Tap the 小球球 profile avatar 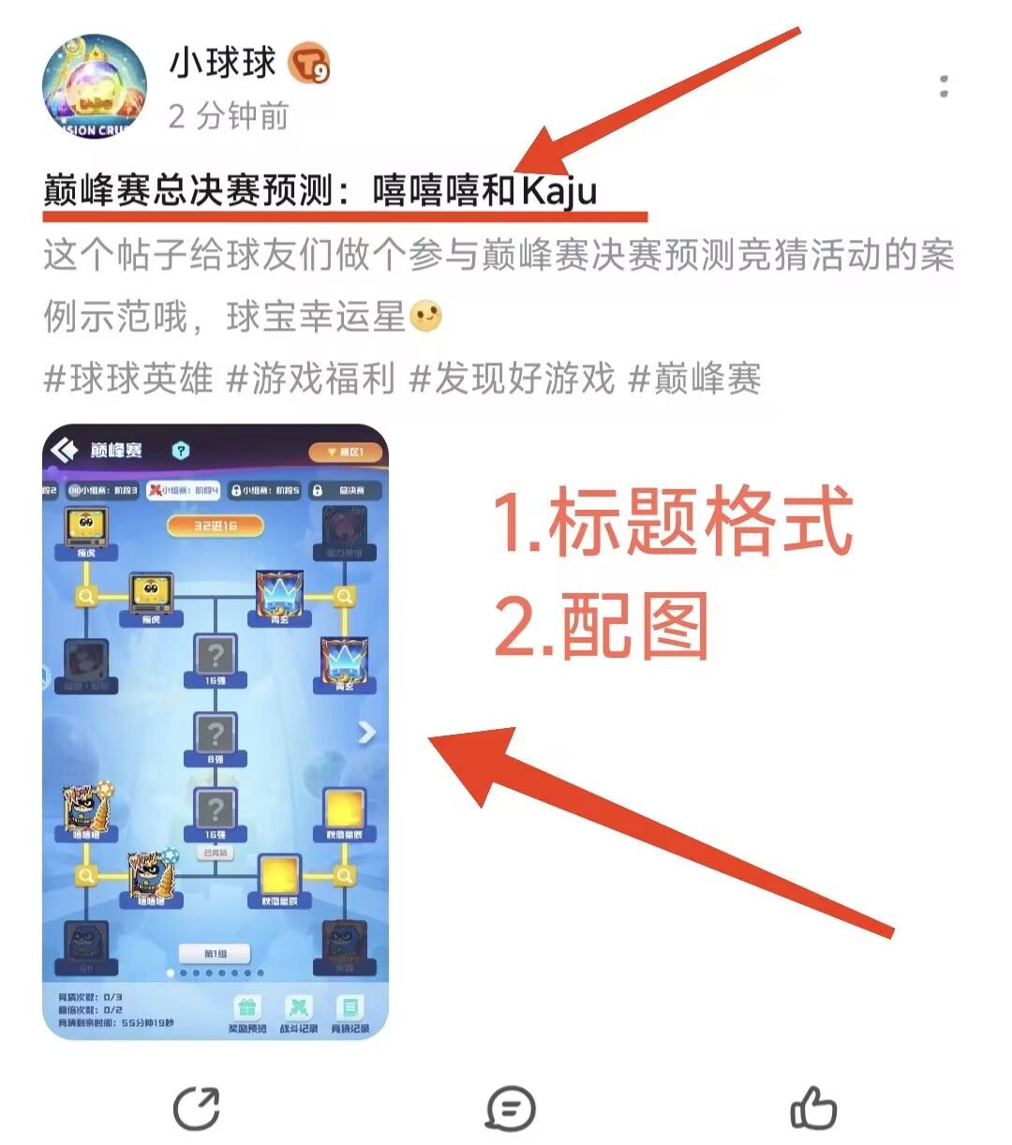(95, 87)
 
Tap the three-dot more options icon (944, 87)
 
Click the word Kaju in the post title (559, 190)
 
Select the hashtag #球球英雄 (128, 379)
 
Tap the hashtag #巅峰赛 (694, 379)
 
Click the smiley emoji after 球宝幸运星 (426, 317)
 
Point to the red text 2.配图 (602, 626)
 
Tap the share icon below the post (197, 1108)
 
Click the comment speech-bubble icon (511, 1108)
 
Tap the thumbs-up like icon (813, 1108)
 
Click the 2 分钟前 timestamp (229, 116)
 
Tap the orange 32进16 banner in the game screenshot (216, 526)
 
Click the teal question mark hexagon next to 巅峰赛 (181, 451)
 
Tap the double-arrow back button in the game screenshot (65, 451)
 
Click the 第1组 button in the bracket (216, 953)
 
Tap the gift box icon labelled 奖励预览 (247, 1008)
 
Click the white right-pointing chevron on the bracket (366, 733)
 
